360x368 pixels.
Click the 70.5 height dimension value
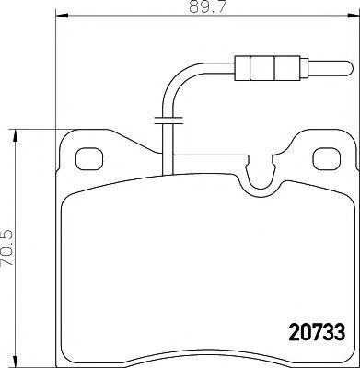(7, 248)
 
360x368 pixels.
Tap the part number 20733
(317, 332)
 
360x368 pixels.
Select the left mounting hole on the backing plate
(89, 159)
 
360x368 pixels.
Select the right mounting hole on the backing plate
(327, 159)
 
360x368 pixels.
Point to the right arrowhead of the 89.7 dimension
(354, 15)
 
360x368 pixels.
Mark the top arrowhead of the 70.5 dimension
(15, 135)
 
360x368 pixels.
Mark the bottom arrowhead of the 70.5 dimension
(15, 362)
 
